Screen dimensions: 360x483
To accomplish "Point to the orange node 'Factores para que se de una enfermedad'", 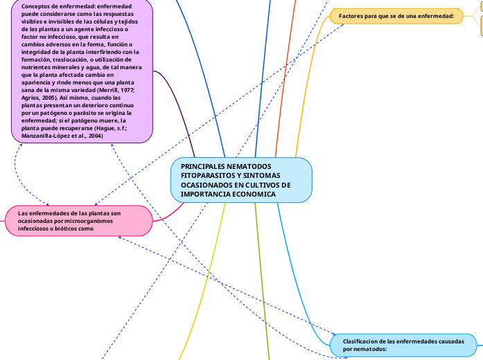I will tap(396, 15).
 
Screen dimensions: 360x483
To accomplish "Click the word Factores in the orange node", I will tap(351, 15).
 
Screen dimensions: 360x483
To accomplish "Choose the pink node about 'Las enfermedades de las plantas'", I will tap(78, 220).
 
